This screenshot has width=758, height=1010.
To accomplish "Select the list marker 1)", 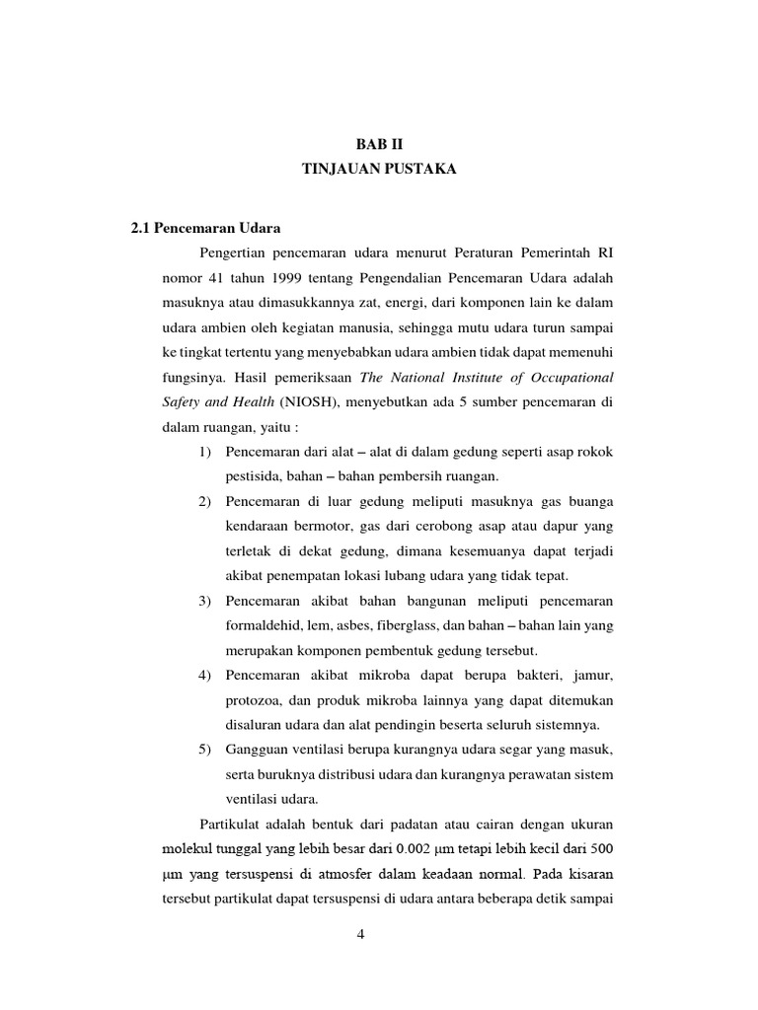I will coord(205,453).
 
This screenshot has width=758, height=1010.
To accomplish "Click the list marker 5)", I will coord(205,748).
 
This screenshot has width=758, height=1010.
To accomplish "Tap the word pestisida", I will coord(253,478).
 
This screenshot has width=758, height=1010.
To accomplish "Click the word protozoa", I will coord(253,699).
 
